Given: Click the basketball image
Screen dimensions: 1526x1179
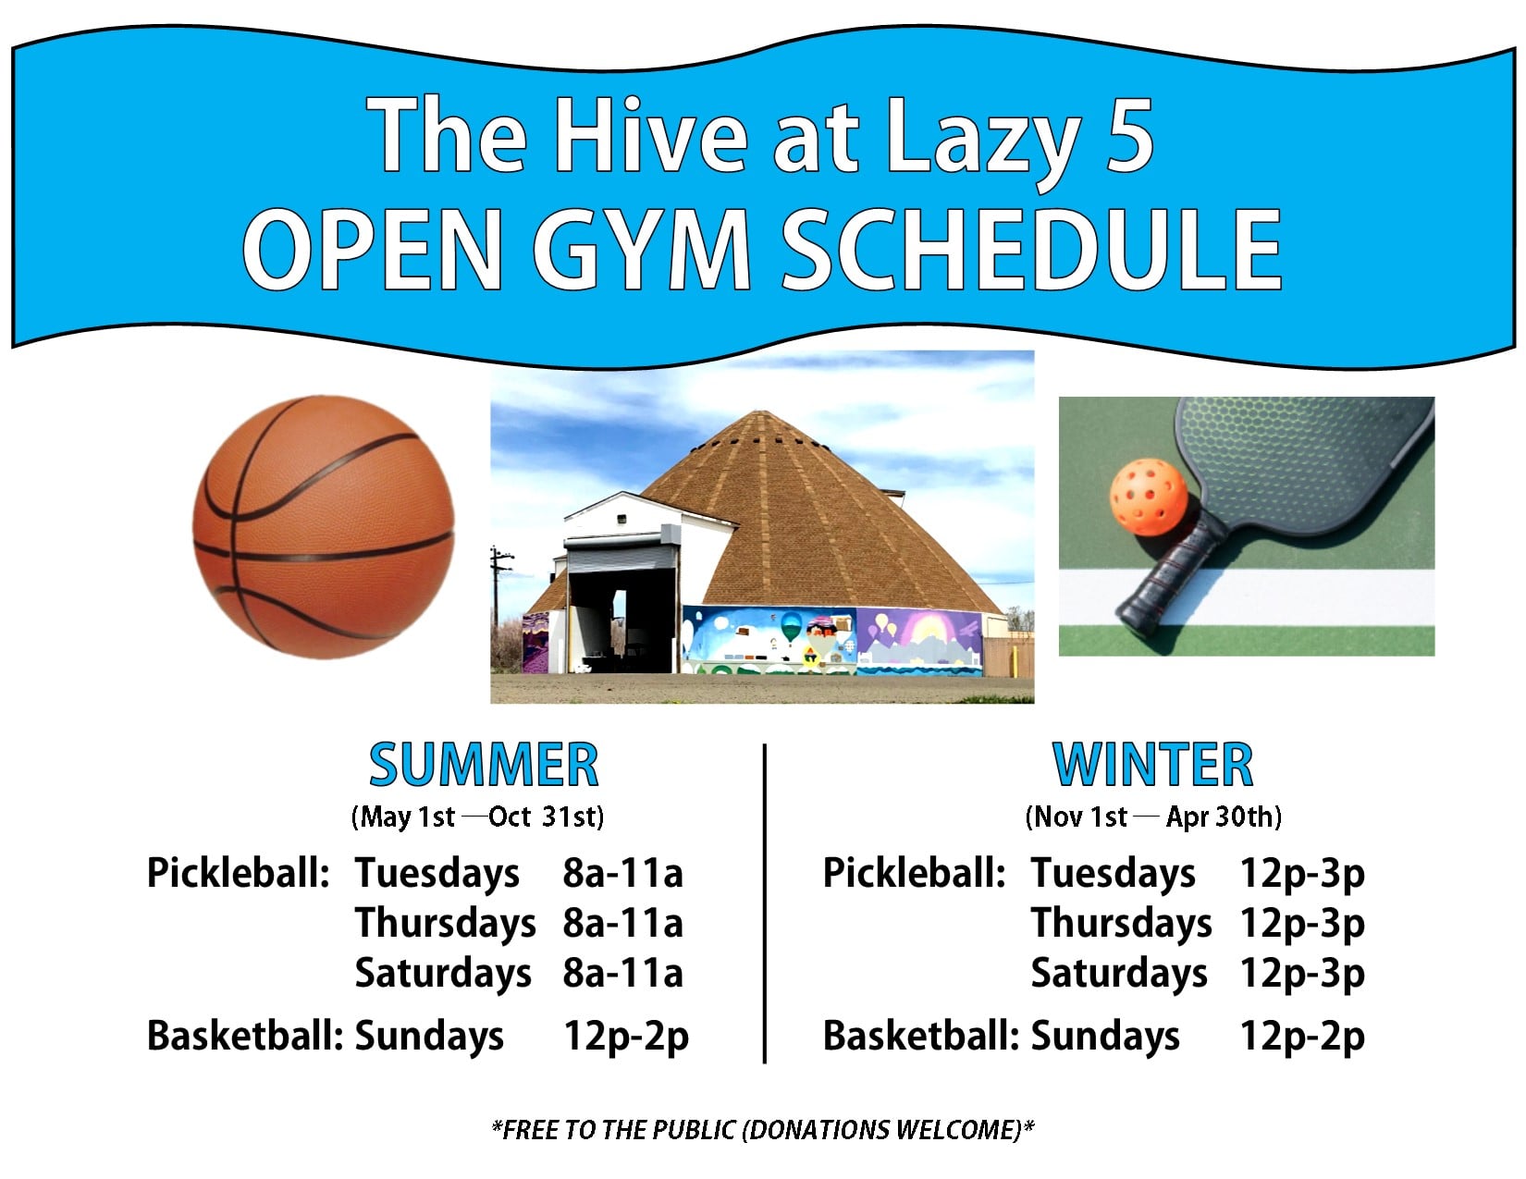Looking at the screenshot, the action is click(x=323, y=527).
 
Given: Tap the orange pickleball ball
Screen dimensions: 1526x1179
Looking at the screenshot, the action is click(x=1148, y=497).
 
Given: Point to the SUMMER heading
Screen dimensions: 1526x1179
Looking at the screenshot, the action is click(x=484, y=765).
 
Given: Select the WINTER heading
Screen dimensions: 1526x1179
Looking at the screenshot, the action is click(x=1153, y=765).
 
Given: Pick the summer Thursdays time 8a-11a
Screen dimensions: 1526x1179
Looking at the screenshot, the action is click(x=622, y=923).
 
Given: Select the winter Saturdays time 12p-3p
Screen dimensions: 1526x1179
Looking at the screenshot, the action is click(x=1302, y=974).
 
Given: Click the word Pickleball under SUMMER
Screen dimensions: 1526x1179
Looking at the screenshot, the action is click(x=238, y=873).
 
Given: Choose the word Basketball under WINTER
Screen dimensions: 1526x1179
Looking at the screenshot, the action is click(x=920, y=1035).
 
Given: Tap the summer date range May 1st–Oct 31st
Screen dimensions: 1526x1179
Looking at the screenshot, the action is click(x=477, y=817).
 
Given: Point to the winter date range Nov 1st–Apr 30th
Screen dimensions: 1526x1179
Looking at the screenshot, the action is click(x=1153, y=817).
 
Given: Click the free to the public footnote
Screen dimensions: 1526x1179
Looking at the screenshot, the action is click(x=763, y=1129).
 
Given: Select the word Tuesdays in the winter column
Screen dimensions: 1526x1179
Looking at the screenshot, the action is click(x=1114, y=874).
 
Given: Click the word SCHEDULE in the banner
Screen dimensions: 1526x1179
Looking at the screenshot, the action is click(x=1031, y=250).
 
